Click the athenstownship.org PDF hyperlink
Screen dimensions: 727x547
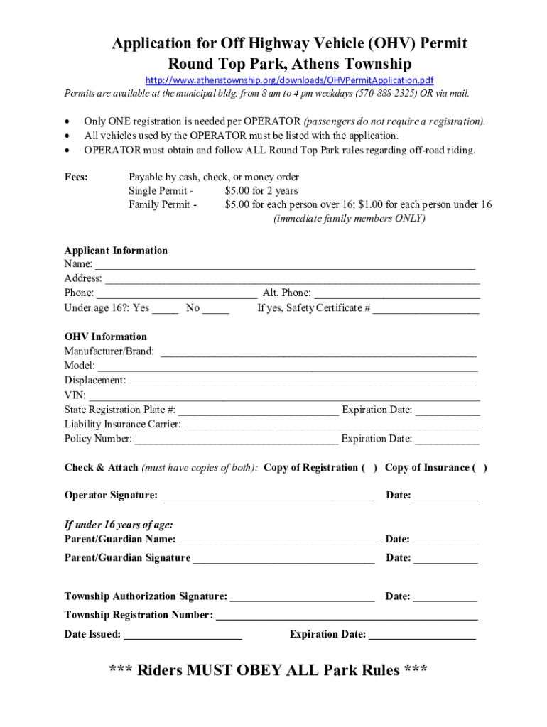point(289,80)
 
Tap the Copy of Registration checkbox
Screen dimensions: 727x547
point(370,467)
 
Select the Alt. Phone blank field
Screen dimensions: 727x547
point(396,293)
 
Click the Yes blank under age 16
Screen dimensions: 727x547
point(165,308)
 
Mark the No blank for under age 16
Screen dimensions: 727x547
point(216,308)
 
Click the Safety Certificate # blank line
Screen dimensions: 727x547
point(426,308)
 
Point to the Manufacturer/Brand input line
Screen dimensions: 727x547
point(318,351)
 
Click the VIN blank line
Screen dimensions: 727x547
point(284,395)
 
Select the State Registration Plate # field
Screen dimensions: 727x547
point(259,410)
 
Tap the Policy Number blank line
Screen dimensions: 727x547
point(237,439)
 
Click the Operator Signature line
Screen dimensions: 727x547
point(268,496)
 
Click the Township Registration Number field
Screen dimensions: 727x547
point(347,615)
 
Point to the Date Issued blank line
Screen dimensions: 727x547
point(183,635)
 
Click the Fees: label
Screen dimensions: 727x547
point(76,177)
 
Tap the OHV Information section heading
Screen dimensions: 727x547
point(106,337)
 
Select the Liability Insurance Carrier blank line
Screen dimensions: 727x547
point(331,425)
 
